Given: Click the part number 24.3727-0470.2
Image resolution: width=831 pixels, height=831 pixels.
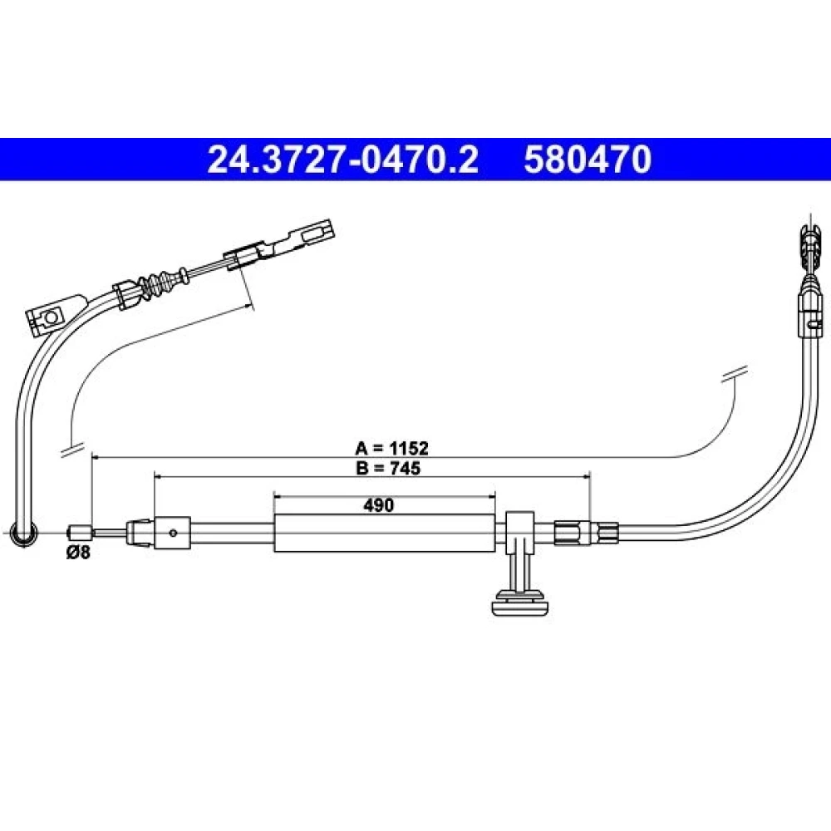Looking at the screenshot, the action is point(343,160).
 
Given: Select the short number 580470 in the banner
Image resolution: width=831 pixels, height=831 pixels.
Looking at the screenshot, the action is point(588,160).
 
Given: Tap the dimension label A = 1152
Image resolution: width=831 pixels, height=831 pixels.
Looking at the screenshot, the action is point(391,449).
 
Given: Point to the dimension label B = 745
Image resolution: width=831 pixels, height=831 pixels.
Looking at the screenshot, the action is point(388,468).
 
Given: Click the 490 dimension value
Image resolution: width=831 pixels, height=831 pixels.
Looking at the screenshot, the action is point(378,505).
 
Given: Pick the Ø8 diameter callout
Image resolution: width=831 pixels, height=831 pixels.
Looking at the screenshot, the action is point(78,553).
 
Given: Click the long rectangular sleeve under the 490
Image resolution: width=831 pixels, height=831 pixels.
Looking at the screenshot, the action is point(385,533).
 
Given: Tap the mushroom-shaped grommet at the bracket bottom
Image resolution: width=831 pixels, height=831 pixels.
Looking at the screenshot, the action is point(520,603).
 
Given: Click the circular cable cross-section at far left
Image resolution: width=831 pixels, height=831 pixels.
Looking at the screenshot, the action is point(23,532).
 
